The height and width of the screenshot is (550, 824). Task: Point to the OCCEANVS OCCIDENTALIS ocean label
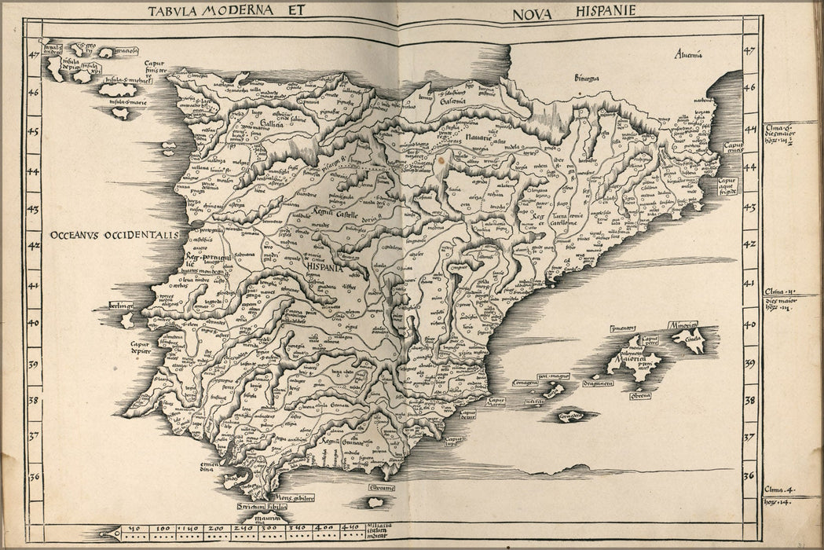[115, 235]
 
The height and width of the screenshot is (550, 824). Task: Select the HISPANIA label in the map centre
[324, 266]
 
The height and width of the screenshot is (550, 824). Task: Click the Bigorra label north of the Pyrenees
[585, 77]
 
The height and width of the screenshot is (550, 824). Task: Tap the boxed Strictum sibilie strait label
[262, 507]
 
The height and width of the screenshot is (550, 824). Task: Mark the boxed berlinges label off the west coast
[120, 305]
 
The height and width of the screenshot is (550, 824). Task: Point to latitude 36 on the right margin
[749, 475]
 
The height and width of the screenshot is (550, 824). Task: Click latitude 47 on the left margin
[34, 55]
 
